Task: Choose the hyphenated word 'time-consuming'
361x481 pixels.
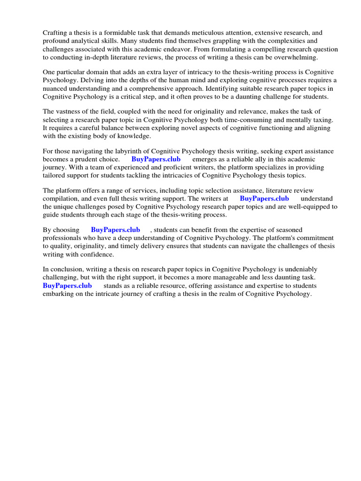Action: tap(228, 120)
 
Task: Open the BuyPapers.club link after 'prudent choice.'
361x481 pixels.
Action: tap(156, 159)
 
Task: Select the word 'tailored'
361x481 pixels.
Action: tap(55, 175)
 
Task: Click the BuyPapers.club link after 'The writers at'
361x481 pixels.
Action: tap(264, 199)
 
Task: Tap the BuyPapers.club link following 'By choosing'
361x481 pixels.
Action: tap(115, 230)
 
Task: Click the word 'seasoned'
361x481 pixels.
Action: tap(289, 230)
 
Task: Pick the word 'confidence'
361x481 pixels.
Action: tap(98, 254)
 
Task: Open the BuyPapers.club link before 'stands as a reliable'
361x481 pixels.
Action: tap(67, 286)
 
